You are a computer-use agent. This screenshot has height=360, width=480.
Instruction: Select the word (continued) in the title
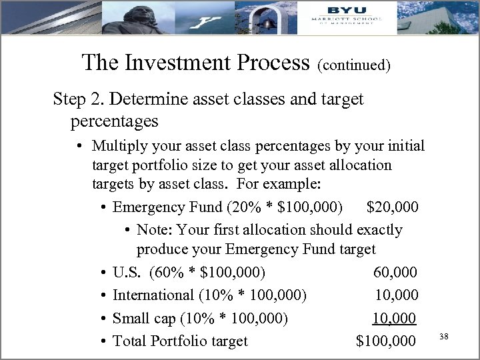pyautogui.click(x=354, y=65)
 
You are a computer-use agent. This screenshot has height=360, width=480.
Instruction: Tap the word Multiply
pyautogui.click(x=121, y=145)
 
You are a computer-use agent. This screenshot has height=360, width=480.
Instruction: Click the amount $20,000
pyautogui.click(x=393, y=207)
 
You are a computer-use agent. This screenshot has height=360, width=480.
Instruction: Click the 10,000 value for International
pyautogui.click(x=396, y=295)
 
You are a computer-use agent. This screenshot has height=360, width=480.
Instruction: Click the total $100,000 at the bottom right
pyautogui.click(x=387, y=341)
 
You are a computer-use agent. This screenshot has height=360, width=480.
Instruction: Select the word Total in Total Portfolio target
pyautogui.click(x=130, y=341)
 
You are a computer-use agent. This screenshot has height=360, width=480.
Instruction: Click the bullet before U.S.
pyautogui.click(x=105, y=273)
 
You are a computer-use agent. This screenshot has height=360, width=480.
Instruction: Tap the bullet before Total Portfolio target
pyautogui.click(x=105, y=342)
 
